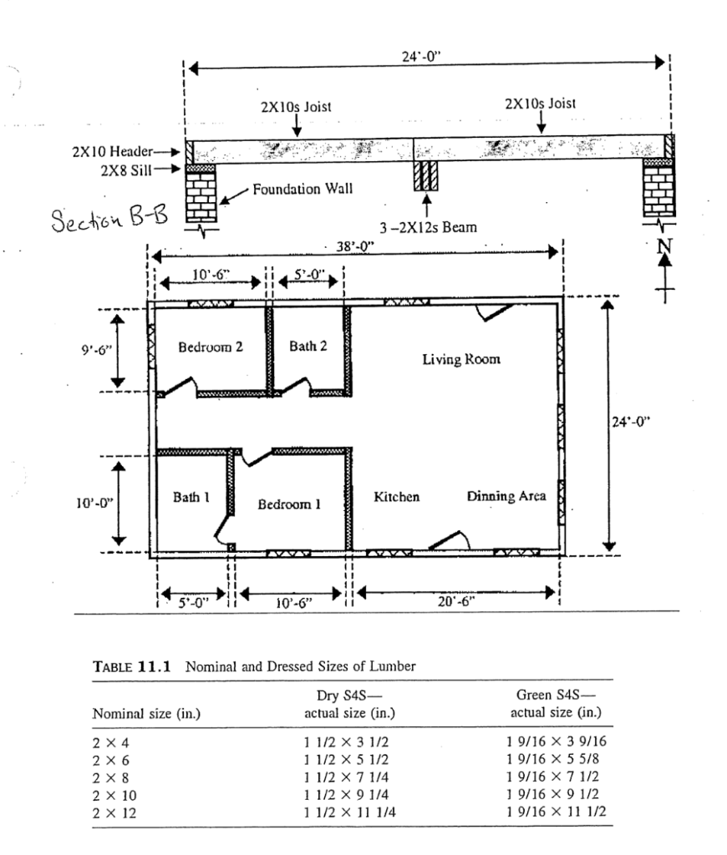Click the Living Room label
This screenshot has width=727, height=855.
(461, 360)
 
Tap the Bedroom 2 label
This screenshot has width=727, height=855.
(211, 346)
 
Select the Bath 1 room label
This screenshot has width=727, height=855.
(191, 498)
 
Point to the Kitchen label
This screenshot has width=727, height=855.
(396, 497)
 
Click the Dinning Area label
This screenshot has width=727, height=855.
(506, 497)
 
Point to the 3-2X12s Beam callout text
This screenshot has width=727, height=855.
(428, 227)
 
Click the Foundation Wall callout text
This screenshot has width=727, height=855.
(302, 189)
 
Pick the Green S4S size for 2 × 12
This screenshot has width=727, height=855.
(555, 810)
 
